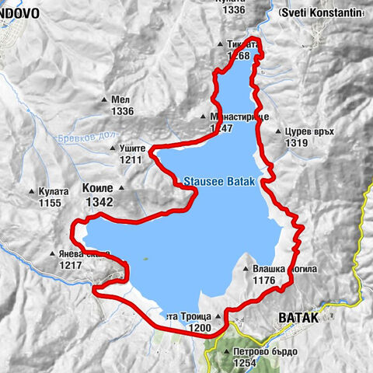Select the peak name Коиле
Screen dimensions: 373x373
98,188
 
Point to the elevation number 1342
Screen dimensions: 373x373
99,202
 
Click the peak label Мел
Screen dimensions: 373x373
120,99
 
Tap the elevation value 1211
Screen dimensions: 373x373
131,160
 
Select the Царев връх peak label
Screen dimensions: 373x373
309,131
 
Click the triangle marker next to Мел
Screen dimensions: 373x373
105,100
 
